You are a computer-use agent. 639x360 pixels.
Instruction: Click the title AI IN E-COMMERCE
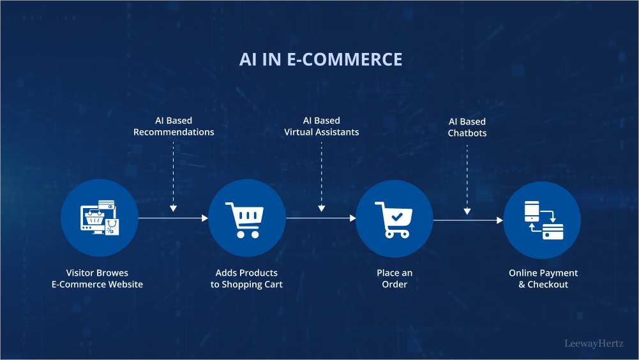pos(320,59)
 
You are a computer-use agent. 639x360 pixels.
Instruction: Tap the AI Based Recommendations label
pos(174,126)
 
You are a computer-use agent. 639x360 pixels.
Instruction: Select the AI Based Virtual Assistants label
pos(322,126)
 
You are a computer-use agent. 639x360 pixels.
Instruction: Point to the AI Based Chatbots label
pos(467,127)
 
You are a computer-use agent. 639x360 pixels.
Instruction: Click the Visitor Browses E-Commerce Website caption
pos(97,278)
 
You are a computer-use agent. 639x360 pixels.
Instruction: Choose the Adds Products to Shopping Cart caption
pos(246,278)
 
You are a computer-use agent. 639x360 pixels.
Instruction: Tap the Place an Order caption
pos(395,278)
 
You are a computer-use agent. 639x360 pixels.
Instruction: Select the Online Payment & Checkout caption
pos(543,278)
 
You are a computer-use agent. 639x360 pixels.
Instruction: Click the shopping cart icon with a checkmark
pos(394,220)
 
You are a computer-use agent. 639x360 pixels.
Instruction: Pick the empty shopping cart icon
pos(244,220)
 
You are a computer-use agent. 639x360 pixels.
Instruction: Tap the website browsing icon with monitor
pos(100,218)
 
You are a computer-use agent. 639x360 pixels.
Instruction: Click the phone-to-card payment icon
pos(544,220)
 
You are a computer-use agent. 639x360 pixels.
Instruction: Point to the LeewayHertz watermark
pos(594,343)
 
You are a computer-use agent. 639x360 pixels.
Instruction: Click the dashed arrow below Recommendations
pos(173,177)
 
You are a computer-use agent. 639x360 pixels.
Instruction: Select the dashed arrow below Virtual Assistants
pos(322,177)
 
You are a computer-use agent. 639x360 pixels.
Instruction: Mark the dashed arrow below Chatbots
pos(467,179)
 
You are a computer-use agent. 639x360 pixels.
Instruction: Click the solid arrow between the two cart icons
pos(321,218)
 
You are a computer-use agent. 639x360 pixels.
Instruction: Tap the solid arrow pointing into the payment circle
pos(469,220)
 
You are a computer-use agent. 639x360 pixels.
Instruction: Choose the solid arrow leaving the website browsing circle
pos(173,218)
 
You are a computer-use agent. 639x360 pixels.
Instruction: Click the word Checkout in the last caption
pos(548,284)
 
